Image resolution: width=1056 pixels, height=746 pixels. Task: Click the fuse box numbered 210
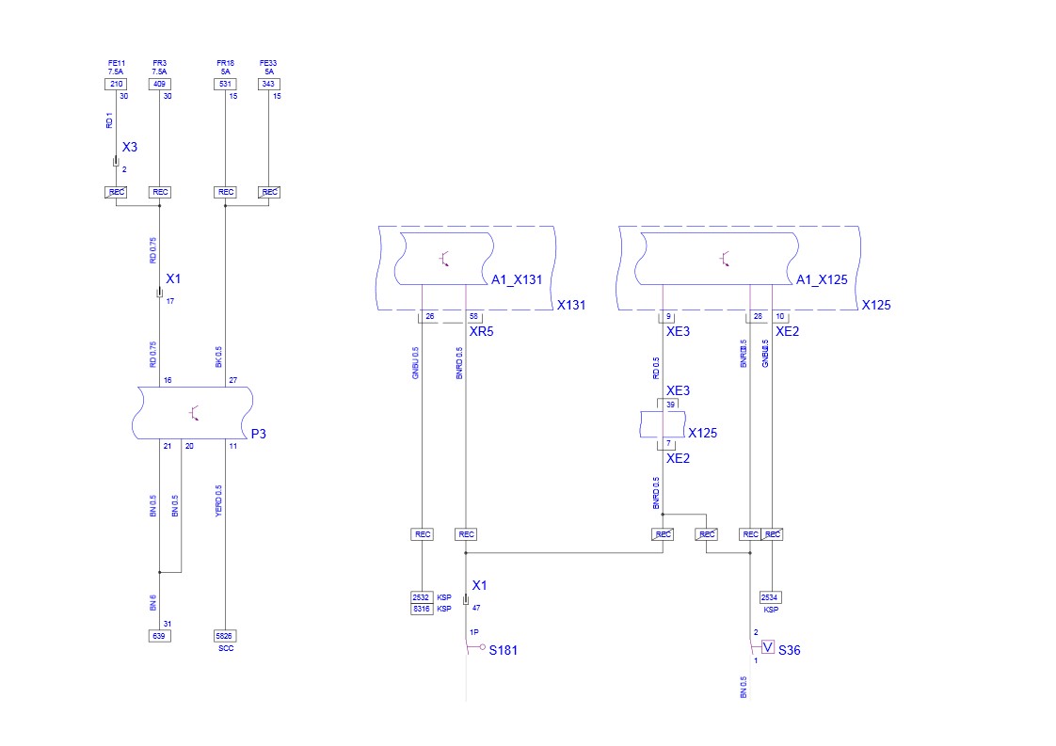tap(115, 84)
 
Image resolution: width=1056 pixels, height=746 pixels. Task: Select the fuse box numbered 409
tap(159, 84)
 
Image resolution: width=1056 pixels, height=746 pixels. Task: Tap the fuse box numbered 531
tap(226, 84)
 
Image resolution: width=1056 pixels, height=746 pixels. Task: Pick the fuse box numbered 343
tap(269, 84)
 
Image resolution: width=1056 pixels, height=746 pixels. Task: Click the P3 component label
tap(258, 434)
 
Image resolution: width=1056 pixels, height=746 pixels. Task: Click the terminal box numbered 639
tap(159, 636)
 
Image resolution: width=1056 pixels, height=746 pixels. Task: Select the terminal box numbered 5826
tap(226, 636)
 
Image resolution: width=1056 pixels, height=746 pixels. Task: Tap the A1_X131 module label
tap(517, 279)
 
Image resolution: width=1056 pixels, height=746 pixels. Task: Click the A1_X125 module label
tap(822, 279)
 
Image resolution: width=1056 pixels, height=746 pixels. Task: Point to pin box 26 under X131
tap(430, 317)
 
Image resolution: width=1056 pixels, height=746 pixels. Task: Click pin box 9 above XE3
tap(667, 317)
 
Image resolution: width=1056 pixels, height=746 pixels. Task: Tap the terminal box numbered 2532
tap(421, 597)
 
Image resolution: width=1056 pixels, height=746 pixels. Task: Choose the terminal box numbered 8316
tap(421, 609)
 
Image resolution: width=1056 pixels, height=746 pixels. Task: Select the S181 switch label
tap(503, 650)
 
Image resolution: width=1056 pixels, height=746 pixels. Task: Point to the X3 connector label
tap(130, 148)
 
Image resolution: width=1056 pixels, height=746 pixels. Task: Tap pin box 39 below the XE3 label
tap(671, 404)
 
